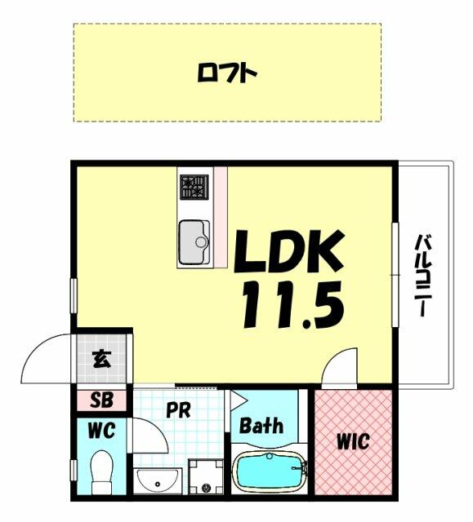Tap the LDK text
point(289,251)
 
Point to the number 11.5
point(293,304)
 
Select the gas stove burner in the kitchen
point(194,187)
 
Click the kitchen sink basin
point(194,242)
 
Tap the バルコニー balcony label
point(423,276)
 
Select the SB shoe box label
point(101,400)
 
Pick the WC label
point(101,431)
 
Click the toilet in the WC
point(102,471)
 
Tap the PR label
point(178,410)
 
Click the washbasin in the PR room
point(158,480)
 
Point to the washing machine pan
point(206,476)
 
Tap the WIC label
point(353,441)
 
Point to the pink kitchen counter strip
point(221,217)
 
